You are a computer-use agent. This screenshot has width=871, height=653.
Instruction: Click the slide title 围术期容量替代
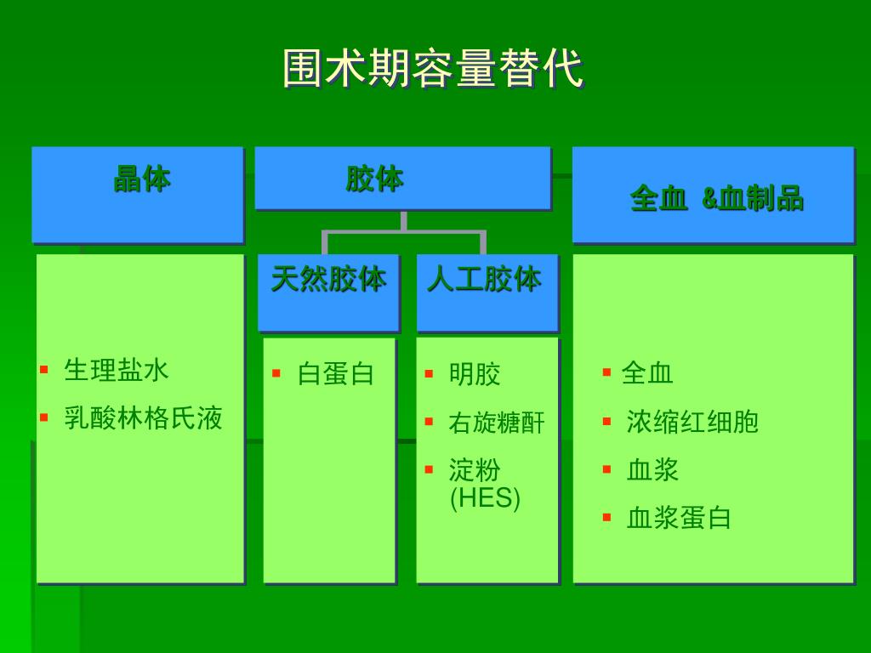(x=434, y=69)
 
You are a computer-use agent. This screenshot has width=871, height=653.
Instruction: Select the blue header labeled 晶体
(x=141, y=179)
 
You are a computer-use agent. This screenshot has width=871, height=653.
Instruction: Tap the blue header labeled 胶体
(x=374, y=179)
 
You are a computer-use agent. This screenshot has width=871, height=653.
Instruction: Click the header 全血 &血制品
(x=716, y=198)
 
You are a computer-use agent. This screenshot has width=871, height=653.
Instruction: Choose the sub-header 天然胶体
(x=328, y=279)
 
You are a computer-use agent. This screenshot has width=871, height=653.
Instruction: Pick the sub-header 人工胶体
(x=484, y=279)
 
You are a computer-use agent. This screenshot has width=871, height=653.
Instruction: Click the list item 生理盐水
(x=117, y=370)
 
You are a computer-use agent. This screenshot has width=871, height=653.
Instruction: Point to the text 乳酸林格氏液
(x=143, y=417)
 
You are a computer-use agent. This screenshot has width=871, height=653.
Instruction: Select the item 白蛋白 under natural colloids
(x=335, y=373)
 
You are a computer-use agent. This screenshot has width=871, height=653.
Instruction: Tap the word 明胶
(x=475, y=373)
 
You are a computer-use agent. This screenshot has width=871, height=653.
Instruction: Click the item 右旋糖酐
(x=496, y=423)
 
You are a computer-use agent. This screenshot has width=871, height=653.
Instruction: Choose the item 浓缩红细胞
(x=692, y=422)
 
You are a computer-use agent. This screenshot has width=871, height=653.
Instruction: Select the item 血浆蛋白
(x=679, y=518)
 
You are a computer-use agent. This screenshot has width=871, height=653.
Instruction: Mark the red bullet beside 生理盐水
(x=43, y=370)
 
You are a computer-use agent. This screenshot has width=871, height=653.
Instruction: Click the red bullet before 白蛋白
(x=276, y=373)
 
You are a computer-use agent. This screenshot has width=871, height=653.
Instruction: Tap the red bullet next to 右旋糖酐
(x=430, y=422)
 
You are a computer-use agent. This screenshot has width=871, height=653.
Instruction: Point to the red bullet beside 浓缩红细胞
(x=606, y=421)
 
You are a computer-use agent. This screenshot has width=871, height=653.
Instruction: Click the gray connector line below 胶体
(x=403, y=230)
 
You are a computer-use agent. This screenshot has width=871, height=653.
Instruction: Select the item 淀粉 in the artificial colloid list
(x=475, y=469)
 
